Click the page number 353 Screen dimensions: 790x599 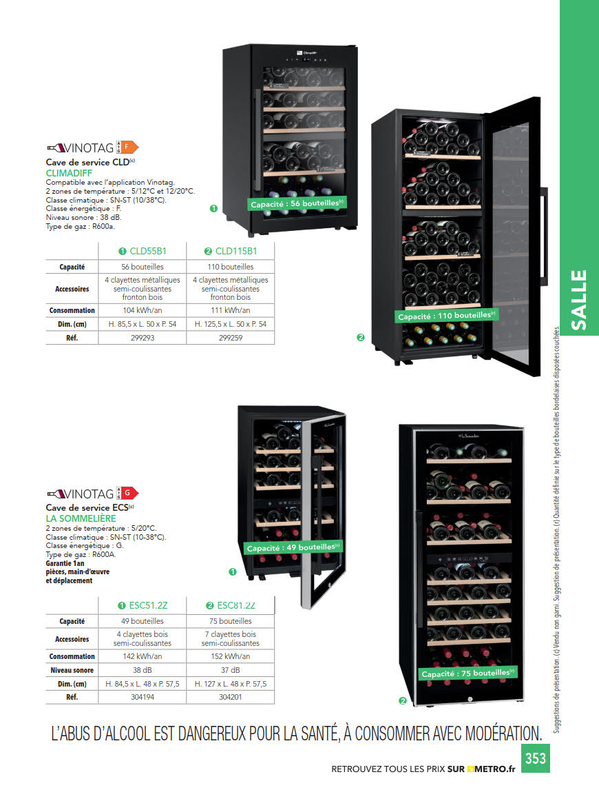[x=535, y=758]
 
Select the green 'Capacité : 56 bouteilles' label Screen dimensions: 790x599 [x=297, y=204]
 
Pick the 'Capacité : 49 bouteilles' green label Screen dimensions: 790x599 [x=293, y=548]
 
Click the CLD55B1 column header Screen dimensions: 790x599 [x=143, y=251]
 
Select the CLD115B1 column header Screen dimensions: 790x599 [x=231, y=251]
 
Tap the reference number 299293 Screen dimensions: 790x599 [x=143, y=338]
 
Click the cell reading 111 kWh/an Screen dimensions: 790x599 [x=230, y=310]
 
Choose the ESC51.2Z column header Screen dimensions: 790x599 [x=143, y=606]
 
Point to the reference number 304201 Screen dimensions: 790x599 [x=230, y=697]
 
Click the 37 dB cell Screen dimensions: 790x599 [x=230, y=670]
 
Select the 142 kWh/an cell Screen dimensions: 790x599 [x=143, y=656]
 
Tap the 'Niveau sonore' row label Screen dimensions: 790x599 [x=72, y=670]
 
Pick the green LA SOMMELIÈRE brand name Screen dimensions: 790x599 [x=81, y=518]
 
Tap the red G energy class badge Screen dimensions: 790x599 [x=130, y=493]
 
